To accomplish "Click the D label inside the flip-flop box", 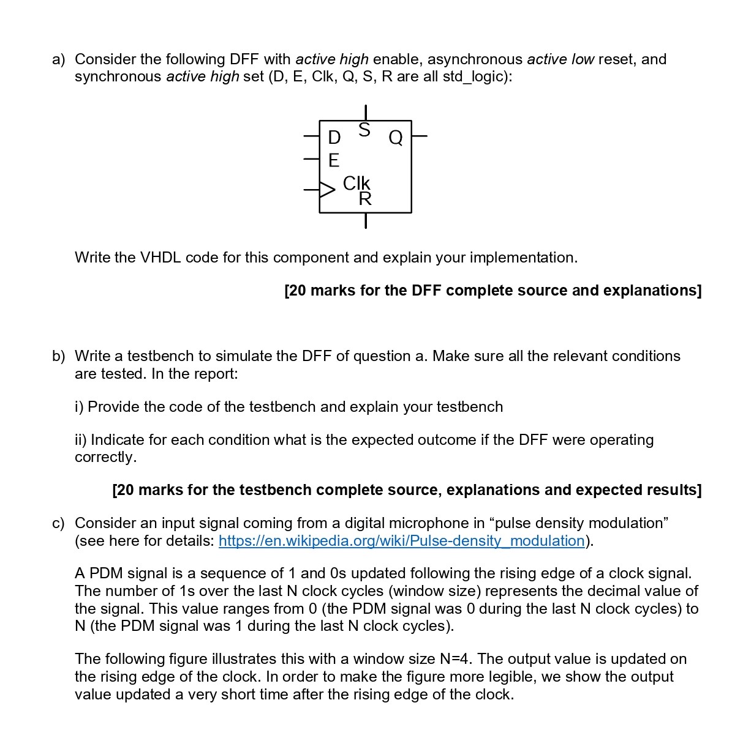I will [334, 137].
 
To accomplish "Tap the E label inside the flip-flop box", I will [334, 160].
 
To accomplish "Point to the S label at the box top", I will [364, 130].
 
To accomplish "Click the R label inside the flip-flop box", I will [365, 199].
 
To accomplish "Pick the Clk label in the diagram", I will [356, 183].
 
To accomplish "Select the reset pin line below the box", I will [365, 220].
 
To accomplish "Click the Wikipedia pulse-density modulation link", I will [401, 541].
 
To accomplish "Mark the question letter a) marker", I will [58, 59].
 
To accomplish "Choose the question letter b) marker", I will [58, 356].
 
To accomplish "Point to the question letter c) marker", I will [58, 523].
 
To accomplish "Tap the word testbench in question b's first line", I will [158, 356].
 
